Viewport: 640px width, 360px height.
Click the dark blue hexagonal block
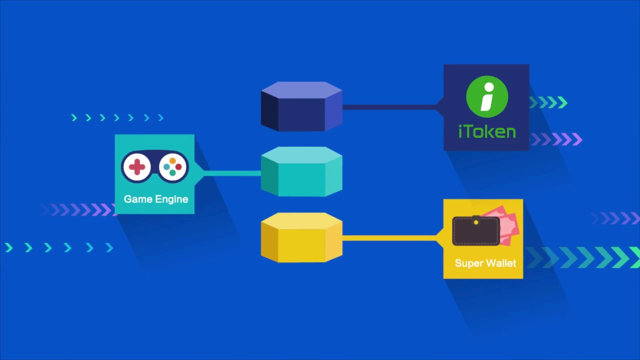tap(301, 106)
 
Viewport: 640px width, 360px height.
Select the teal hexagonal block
tap(301, 171)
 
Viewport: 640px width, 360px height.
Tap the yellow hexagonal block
tap(301, 237)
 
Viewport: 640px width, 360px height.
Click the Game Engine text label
tap(156, 199)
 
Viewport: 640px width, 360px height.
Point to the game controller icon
tap(155, 166)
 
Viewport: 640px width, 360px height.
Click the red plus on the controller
tap(136, 166)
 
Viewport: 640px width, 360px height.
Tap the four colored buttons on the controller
tap(172, 167)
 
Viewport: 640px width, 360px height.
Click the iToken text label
tap(487, 131)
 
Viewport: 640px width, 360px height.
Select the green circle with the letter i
tap(487, 96)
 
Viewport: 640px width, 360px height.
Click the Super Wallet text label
tap(485, 263)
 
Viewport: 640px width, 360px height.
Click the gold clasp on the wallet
tap(475, 221)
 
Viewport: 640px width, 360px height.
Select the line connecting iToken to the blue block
tap(390, 106)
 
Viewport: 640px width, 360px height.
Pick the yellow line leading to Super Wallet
tap(390, 238)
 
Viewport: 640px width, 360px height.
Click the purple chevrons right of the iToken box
tap(557, 139)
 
